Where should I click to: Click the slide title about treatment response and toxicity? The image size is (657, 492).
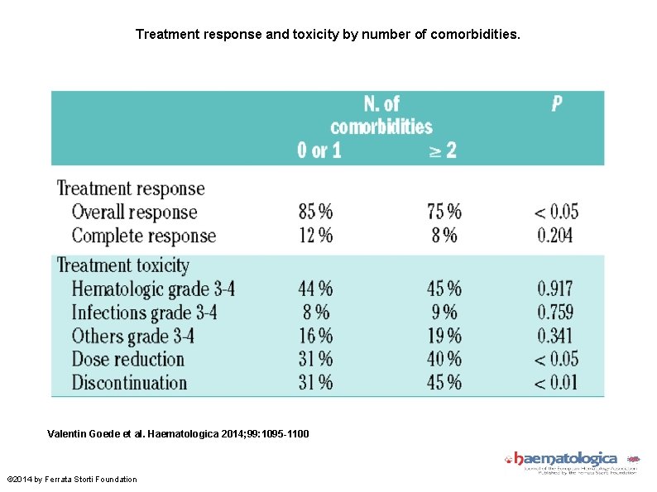[x=328, y=35]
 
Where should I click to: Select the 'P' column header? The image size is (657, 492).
[x=557, y=104]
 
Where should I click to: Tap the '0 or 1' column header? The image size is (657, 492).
[x=319, y=150]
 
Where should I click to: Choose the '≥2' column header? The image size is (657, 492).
[x=442, y=150]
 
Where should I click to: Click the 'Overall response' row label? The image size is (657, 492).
[x=134, y=212]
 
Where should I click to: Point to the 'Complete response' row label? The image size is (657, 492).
[x=143, y=236]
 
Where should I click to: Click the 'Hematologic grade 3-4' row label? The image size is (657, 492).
[x=153, y=289]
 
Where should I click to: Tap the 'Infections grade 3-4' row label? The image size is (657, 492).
[x=146, y=313]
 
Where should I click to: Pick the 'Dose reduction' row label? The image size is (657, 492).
[x=127, y=360]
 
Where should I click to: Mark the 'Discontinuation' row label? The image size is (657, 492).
[x=129, y=383]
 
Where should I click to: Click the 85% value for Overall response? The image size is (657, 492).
[x=315, y=212]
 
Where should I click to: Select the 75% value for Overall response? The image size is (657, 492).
[x=444, y=212]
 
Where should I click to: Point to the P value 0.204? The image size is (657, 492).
[x=554, y=236]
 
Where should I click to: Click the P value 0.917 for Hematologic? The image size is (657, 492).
[x=554, y=289]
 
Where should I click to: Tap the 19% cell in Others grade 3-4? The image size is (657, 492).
[x=444, y=336]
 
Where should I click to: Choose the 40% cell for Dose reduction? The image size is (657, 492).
[x=444, y=360]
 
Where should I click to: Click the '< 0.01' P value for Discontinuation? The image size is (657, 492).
[x=555, y=383]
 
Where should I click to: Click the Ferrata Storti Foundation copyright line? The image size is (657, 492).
[x=72, y=480]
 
